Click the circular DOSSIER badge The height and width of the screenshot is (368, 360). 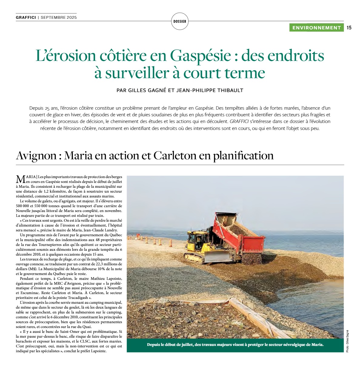[x=180, y=21]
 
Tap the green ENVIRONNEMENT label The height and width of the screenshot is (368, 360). [x=316, y=28]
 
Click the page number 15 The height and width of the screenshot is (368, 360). [x=349, y=28]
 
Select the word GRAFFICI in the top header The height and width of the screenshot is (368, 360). [x=26, y=17]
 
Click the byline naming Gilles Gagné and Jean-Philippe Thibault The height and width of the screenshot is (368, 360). [x=180, y=90]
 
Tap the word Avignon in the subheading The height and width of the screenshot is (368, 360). [x=36, y=156]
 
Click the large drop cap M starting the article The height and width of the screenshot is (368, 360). [x=20, y=179]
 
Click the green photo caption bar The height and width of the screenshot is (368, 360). [x=235, y=345]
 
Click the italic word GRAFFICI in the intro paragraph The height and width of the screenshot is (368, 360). [x=239, y=121]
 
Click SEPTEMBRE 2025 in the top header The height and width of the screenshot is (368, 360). [x=59, y=17]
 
